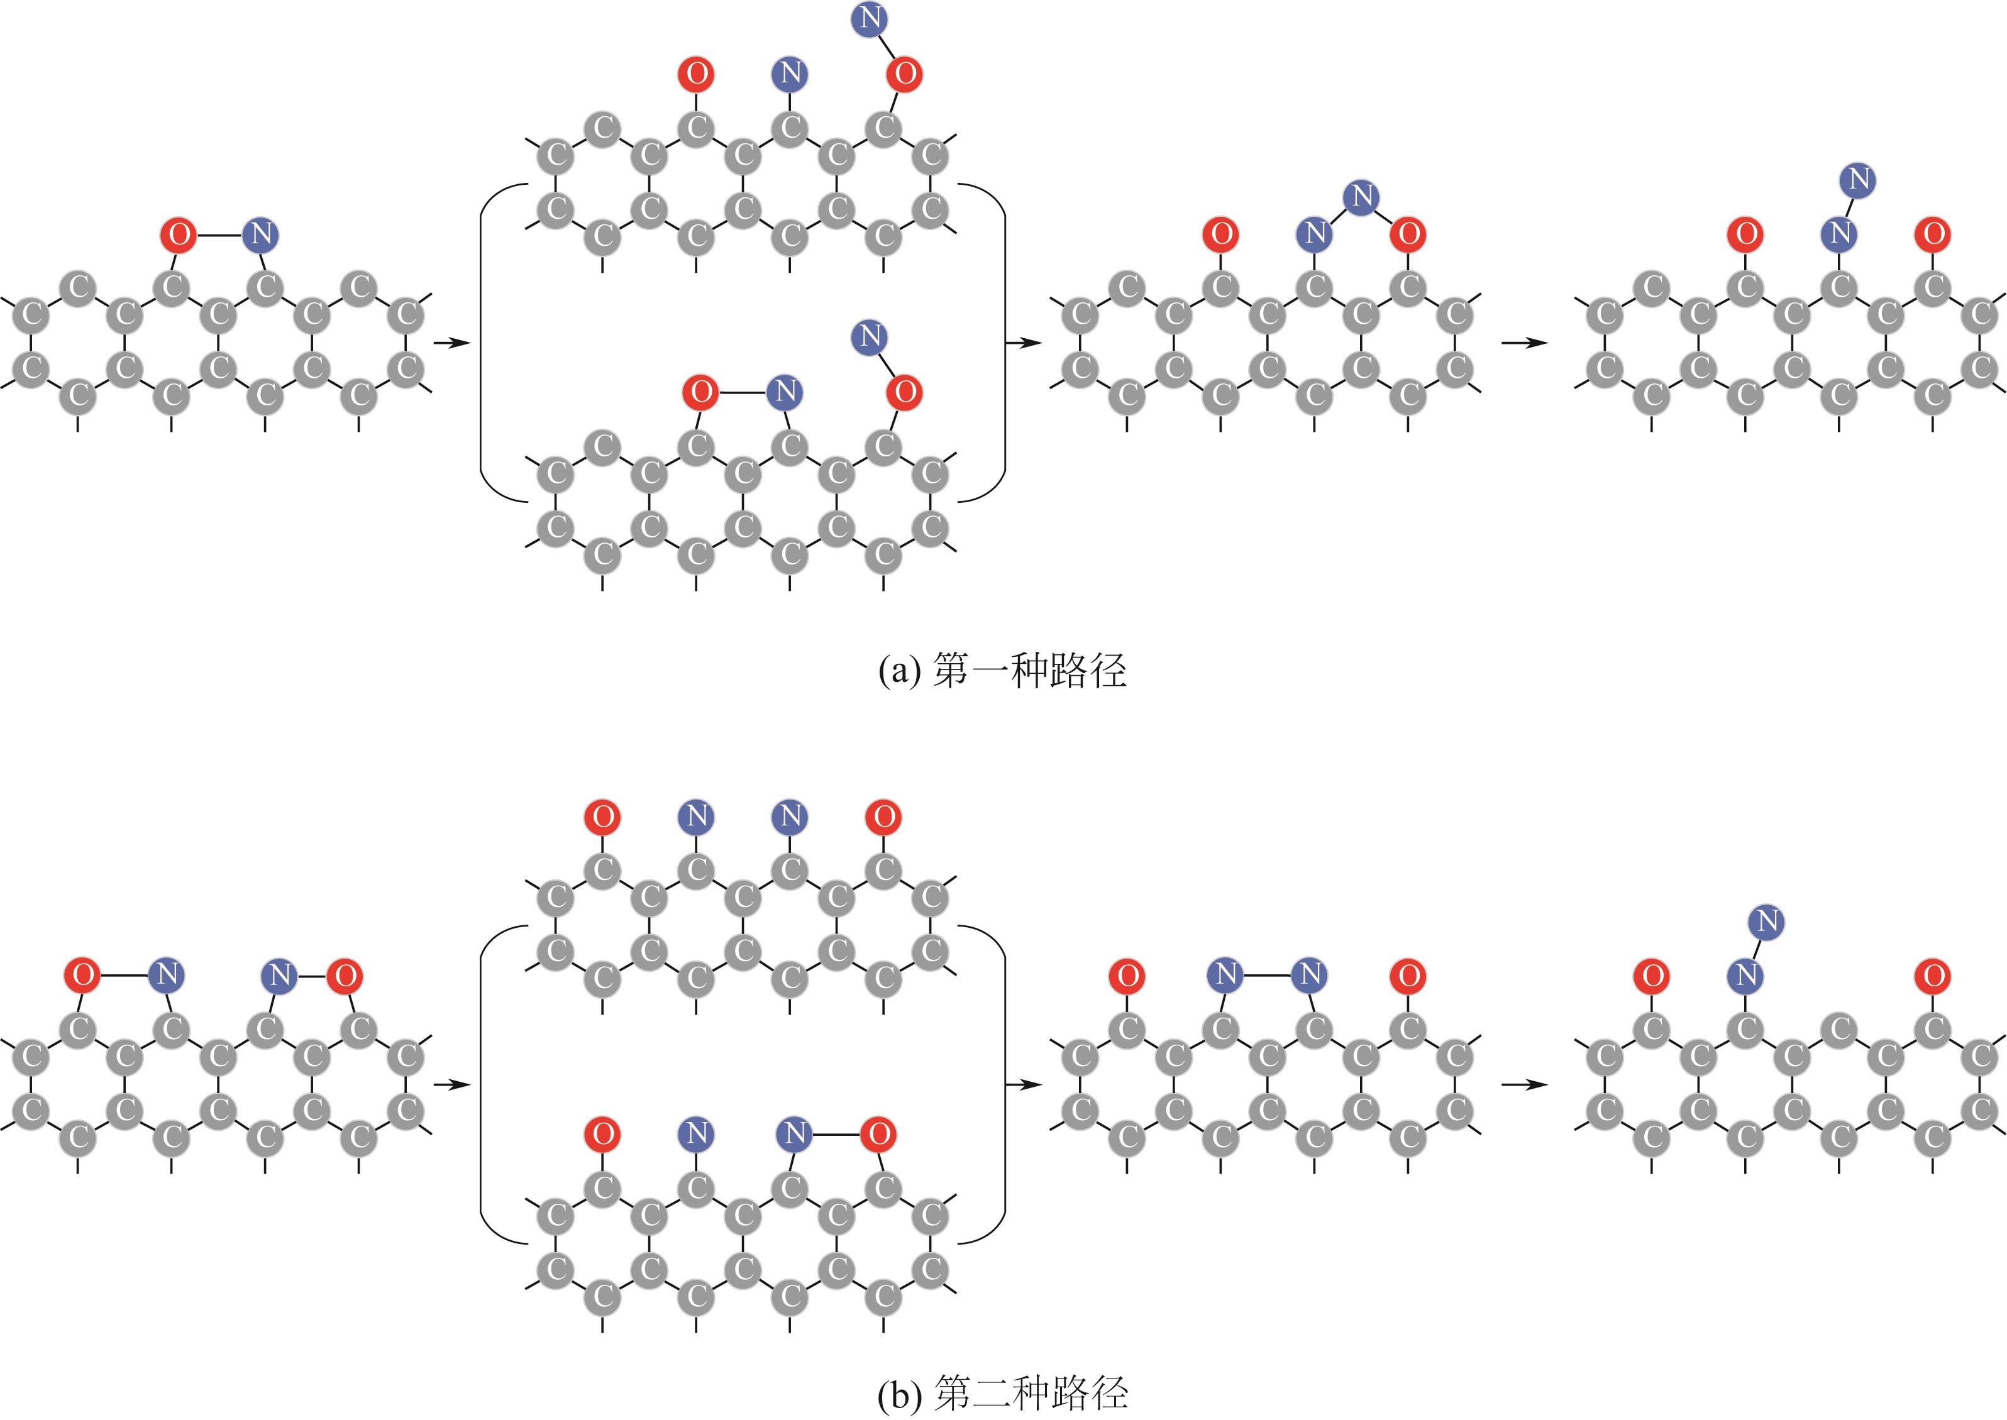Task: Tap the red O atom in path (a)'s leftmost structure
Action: [179, 234]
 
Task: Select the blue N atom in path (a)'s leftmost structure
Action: [260, 234]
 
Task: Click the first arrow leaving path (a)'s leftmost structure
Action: [452, 343]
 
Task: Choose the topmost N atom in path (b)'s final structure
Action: [1767, 921]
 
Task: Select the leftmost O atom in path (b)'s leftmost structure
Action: [83, 975]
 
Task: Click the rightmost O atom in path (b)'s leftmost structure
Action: [345, 975]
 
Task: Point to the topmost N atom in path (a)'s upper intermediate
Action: [870, 19]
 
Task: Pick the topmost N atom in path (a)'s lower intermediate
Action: [870, 337]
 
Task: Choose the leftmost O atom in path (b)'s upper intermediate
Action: [602, 817]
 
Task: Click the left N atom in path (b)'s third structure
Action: [1226, 974]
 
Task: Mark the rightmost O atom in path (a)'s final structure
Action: [1933, 234]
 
